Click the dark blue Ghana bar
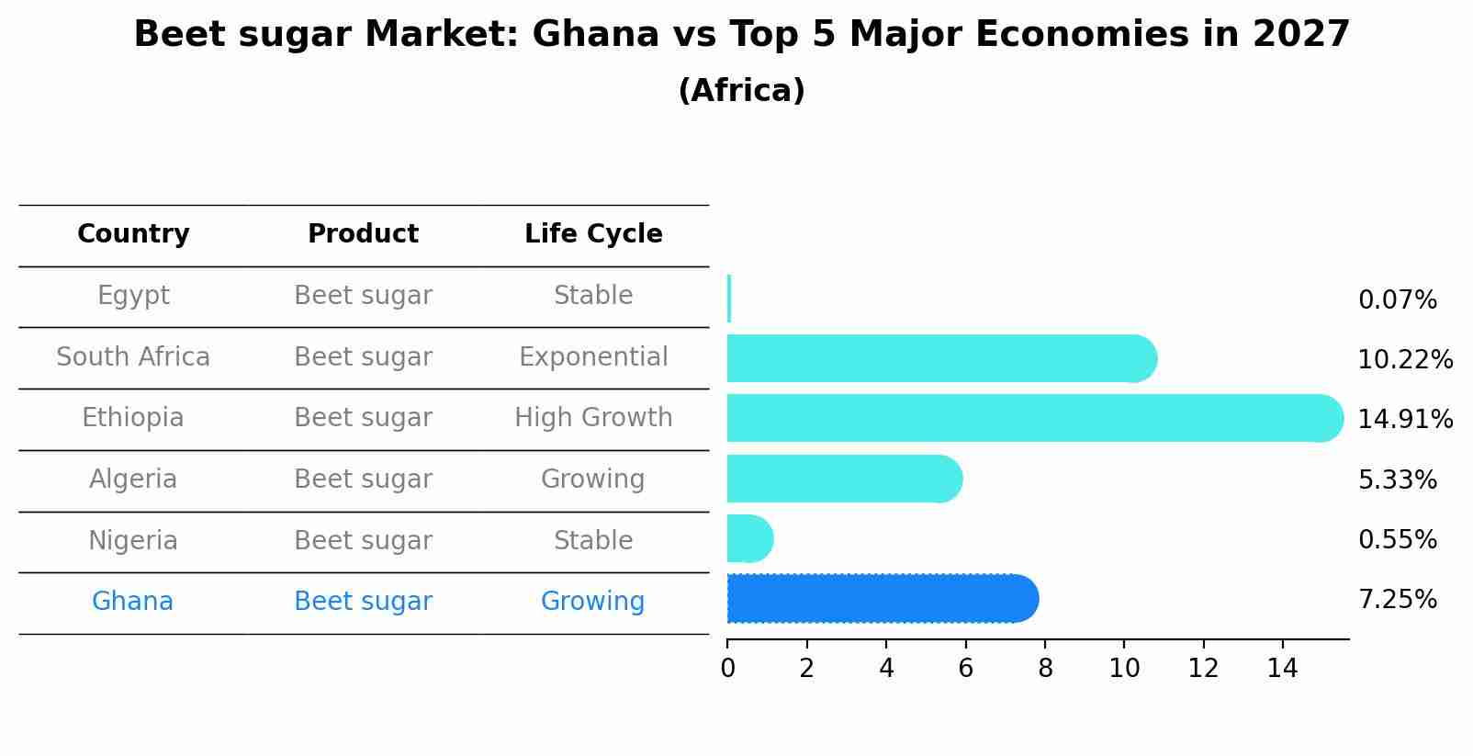click(x=882, y=599)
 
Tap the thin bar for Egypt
click(x=729, y=299)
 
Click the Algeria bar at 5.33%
click(x=843, y=479)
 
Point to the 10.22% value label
click(x=1404, y=360)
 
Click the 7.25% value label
click(x=1397, y=600)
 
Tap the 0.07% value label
click(x=1397, y=300)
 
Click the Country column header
click(x=133, y=234)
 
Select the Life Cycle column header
click(x=593, y=234)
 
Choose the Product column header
click(x=363, y=234)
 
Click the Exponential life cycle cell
click(x=593, y=357)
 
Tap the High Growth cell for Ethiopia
click(x=593, y=418)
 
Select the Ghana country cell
click(x=132, y=602)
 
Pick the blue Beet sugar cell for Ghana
click(x=363, y=602)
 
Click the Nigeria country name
click(x=133, y=541)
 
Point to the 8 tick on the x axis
click(x=1044, y=669)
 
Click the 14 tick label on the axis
click(x=1282, y=669)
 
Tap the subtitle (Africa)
click(x=741, y=91)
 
